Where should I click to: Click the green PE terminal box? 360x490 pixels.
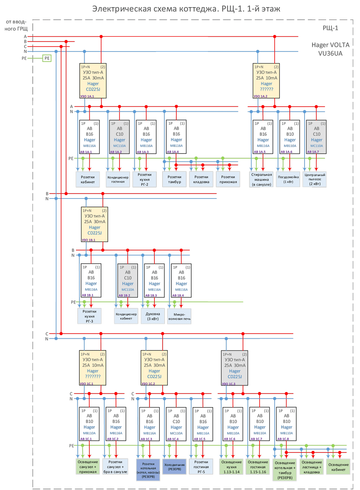47,58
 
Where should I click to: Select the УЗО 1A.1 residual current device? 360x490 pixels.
93,81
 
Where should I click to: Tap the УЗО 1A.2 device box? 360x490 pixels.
266,81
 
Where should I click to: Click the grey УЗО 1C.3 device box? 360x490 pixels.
235,368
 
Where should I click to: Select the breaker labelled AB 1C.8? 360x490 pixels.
286,424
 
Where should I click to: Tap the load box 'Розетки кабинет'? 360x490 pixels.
87,179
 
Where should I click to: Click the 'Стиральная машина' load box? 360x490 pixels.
261,179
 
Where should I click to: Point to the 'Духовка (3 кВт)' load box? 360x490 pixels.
153,316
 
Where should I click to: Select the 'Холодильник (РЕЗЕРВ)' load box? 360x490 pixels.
175,467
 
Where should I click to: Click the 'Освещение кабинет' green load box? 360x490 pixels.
338,467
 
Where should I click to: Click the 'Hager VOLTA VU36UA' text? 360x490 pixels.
330,49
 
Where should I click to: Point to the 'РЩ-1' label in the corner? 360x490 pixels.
330,28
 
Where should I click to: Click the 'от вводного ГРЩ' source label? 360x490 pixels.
16,25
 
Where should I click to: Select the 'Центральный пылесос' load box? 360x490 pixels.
315,179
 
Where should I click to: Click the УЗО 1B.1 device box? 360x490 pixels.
94,224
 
